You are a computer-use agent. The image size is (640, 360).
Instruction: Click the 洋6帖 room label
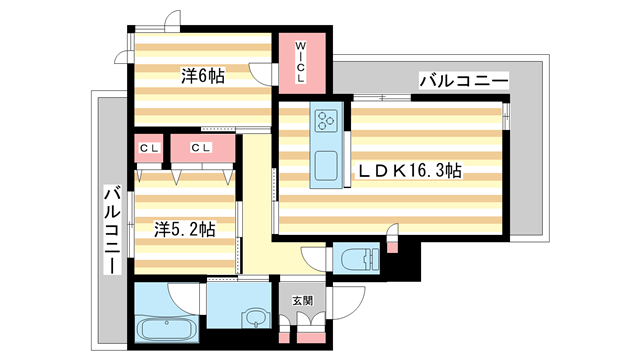203,75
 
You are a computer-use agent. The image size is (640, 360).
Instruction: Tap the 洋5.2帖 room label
185,229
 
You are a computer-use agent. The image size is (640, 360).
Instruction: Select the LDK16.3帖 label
410,171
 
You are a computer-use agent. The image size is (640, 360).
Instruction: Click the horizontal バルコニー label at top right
464,79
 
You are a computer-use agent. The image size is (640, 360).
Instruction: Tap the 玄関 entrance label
303,300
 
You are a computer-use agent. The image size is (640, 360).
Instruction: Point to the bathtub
159,330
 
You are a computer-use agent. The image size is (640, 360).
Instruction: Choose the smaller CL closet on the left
150,149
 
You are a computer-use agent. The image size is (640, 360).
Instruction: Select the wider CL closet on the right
203,149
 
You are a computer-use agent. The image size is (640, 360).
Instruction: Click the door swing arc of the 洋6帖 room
261,76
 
